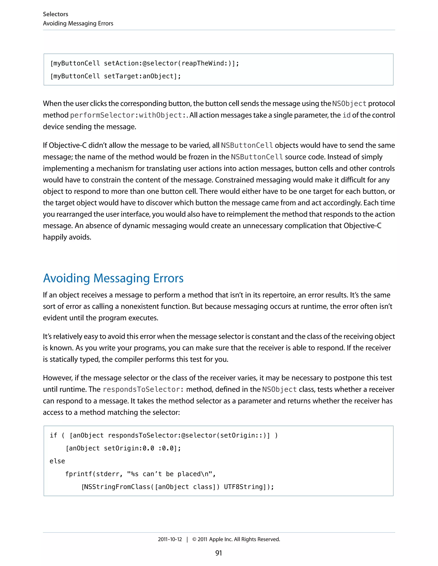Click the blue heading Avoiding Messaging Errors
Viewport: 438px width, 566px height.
click(113, 278)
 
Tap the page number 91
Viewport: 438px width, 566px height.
click(219, 553)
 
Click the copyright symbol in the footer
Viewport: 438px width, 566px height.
click(194, 539)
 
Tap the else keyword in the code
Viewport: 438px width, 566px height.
click(57, 461)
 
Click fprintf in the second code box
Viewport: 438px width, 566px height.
click(79, 474)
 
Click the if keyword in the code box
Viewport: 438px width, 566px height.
click(53, 435)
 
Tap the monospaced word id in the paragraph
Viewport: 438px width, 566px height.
click(346, 115)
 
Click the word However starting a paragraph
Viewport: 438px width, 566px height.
click(58, 378)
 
